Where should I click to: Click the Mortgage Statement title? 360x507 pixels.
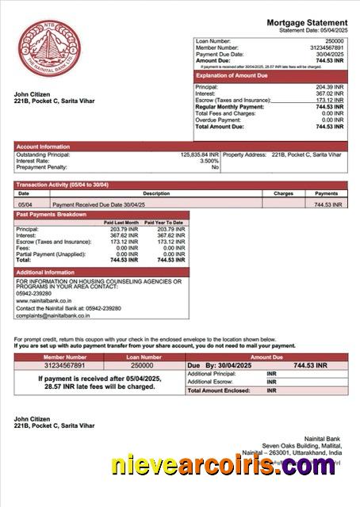point(306,22)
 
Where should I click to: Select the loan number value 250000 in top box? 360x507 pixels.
point(335,40)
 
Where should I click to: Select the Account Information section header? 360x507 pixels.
point(43,147)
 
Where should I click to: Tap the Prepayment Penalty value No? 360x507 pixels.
point(214,167)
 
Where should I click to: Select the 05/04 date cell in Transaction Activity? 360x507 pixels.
point(25,204)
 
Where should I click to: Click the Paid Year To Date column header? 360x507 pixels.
point(166,223)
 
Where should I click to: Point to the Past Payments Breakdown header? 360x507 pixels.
point(52,215)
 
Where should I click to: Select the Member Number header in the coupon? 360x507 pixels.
point(59,357)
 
